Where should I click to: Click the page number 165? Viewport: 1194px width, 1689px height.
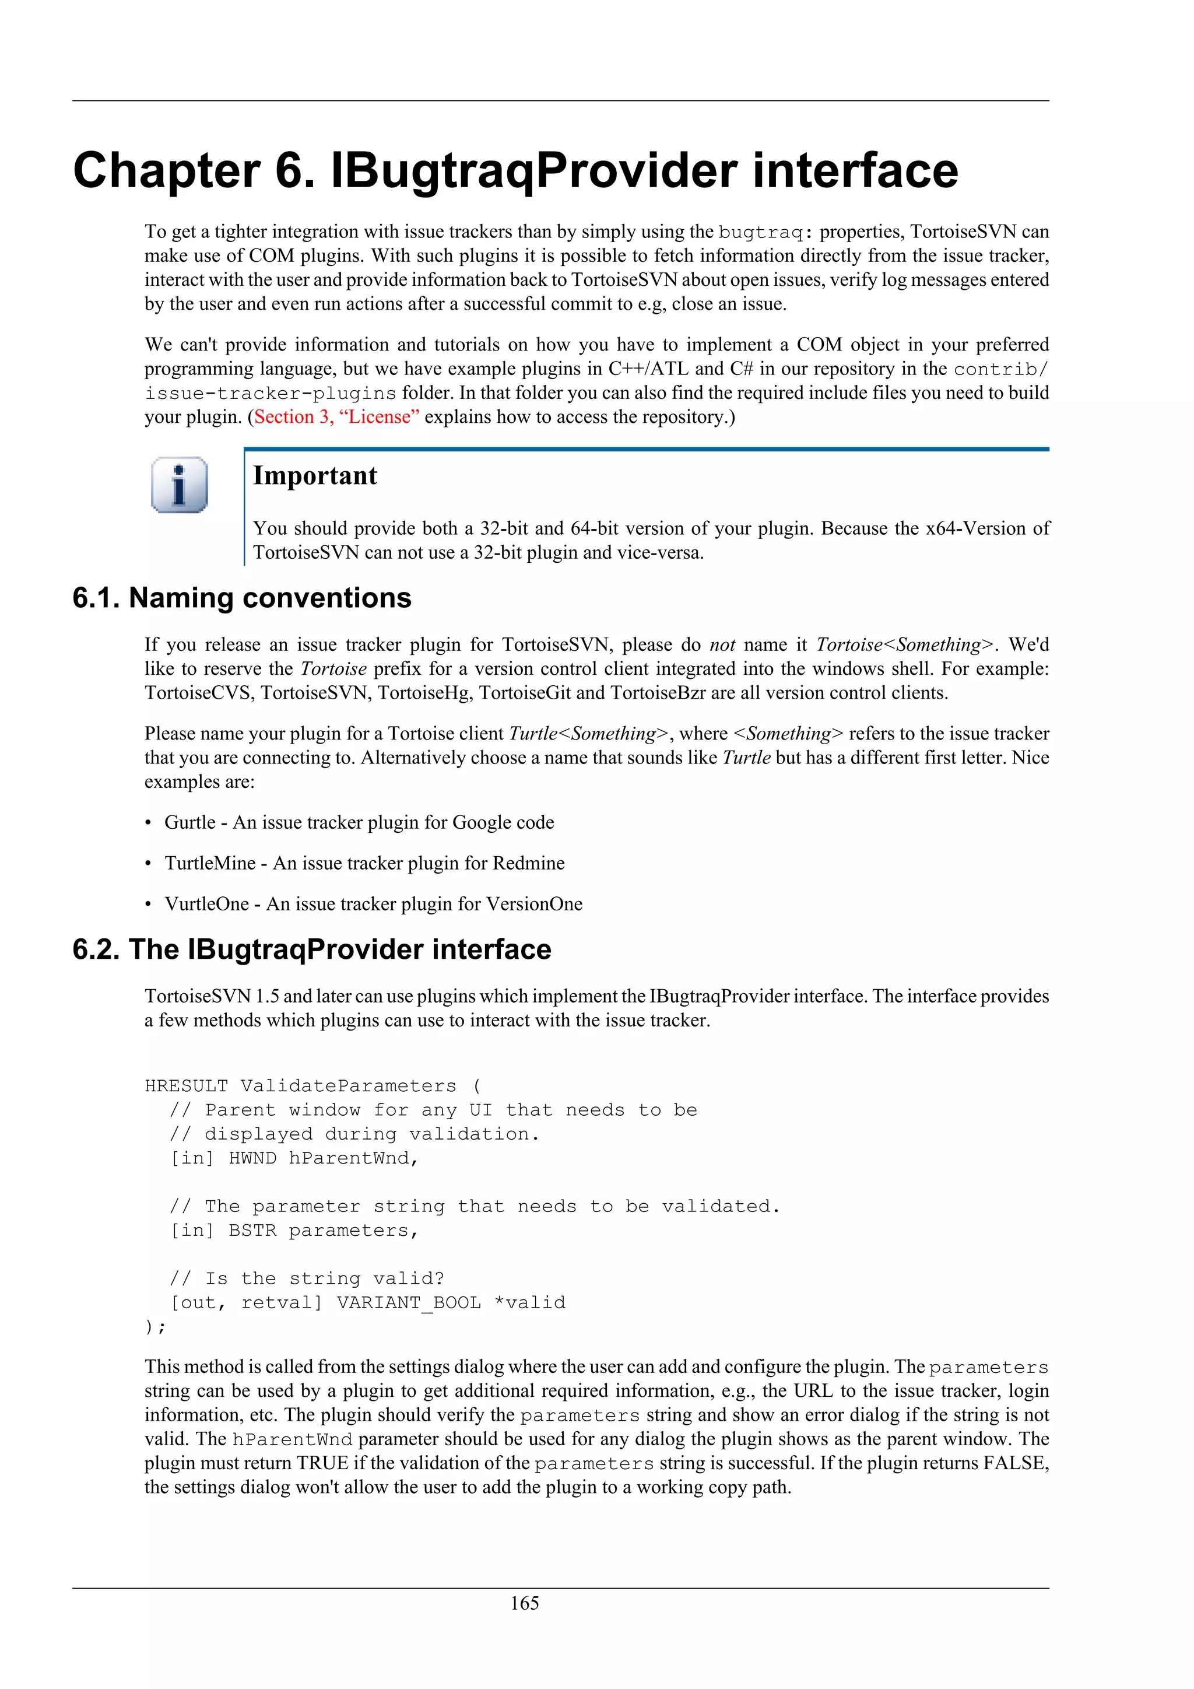[x=524, y=1603]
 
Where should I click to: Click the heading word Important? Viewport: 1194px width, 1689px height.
[x=315, y=476]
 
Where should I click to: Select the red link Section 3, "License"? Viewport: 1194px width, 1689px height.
[x=337, y=417]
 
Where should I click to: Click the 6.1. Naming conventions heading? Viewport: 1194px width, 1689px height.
[x=242, y=597]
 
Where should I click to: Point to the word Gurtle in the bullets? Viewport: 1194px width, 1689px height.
[x=189, y=822]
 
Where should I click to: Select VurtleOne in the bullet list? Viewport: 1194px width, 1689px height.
[x=206, y=904]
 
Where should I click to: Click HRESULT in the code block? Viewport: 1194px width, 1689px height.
[x=186, y=1086]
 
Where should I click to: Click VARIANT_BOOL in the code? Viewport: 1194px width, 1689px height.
[x=409, y=1302]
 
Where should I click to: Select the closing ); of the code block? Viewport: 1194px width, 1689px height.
[x=155, y=1326]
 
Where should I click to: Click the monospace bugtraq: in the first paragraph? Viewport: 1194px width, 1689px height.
[x=765, y=233]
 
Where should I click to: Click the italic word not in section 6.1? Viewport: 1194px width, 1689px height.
[x=722, y=645]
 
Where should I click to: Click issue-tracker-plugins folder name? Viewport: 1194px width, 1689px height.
[x=271, y=394]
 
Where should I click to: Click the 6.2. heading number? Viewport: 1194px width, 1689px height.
[x=96, y=949]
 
